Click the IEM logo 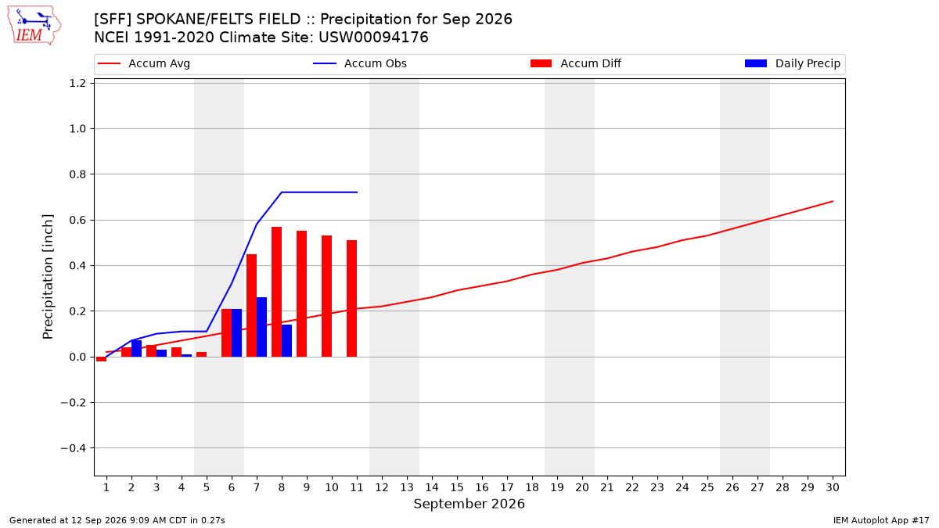[x=34, y=26]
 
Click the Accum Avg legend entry [x=144, y=63]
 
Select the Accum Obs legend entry [x=360, y=63]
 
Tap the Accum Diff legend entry [x=576, y=63]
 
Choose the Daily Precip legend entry [x=792, y=63]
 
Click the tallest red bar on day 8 [x=276, y=292]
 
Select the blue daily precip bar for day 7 [x=261, y=327]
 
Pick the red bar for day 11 [x=351, y=298]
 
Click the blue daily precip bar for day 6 [x=236, y=332]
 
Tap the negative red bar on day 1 [x=101, y=359]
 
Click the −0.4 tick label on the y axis [x=74, y=448]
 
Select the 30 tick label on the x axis [x=833, y=487]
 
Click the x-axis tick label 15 [x=457, y=487]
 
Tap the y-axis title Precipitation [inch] [x=48, y=277]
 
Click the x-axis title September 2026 [x=469, y=504]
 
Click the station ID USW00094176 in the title [x=373, y=38]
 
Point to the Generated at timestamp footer [x=117, y=520]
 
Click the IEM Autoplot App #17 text [x=881, y=520]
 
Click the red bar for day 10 [x=326, y=296]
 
